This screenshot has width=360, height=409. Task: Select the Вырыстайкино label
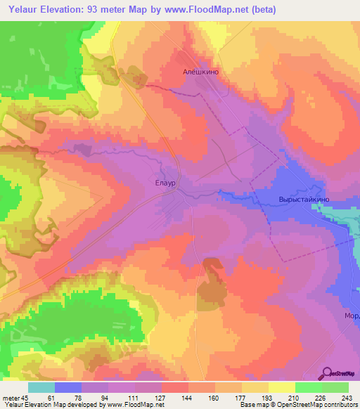point(304,199)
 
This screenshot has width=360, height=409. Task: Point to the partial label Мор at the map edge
point(351,315)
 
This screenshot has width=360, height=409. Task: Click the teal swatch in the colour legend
point(41,387)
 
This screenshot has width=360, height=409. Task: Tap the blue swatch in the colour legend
point(67,387)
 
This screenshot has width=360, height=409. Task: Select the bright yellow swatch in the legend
point(281,387)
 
